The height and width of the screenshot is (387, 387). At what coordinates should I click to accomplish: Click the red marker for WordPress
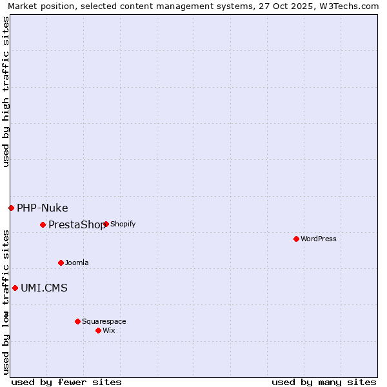click(296, 239)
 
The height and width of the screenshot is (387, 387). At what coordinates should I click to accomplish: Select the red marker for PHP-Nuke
click(11, 208)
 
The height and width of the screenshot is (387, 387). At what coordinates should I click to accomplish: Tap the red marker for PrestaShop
click(43, 224)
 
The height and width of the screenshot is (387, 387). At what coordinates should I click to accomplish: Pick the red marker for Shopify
click(106, 224)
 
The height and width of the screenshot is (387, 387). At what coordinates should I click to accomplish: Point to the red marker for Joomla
click(61, 263)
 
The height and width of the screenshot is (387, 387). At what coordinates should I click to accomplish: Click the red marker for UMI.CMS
click(15, 288)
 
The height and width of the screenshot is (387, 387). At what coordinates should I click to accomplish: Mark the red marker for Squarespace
click(77, 321)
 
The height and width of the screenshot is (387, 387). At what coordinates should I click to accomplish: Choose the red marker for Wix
click(98, 330)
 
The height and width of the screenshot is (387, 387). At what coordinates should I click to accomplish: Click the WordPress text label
click(319, 239)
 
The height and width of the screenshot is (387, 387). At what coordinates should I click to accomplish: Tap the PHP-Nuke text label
click(42, 208)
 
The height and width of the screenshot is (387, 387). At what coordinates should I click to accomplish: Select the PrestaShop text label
click(76, 224)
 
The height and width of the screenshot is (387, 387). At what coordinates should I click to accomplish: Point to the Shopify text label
click(123, 224)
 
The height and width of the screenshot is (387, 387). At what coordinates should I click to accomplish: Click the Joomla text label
click(77, 263)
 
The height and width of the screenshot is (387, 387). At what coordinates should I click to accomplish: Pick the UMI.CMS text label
click(44, 288)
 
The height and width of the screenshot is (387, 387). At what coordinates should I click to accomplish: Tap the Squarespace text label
click(104, 321)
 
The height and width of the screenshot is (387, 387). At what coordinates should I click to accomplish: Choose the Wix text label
click(109, 330)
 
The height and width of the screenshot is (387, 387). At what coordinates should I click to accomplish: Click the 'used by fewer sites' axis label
click(66, 382)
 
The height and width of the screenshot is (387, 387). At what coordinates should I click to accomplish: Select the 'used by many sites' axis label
click(324, 382)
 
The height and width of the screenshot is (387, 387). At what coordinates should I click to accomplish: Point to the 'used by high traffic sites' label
click(6, 92)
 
